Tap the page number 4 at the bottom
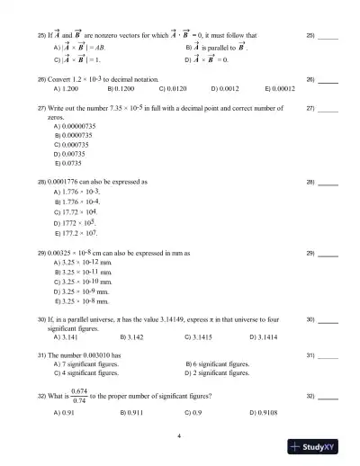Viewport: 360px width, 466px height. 179,437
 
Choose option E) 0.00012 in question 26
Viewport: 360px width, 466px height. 280,89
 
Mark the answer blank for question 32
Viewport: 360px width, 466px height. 328,397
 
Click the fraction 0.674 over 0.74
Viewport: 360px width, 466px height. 78,396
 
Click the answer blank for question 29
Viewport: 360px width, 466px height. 328,255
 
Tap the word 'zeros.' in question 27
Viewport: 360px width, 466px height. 56,118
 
